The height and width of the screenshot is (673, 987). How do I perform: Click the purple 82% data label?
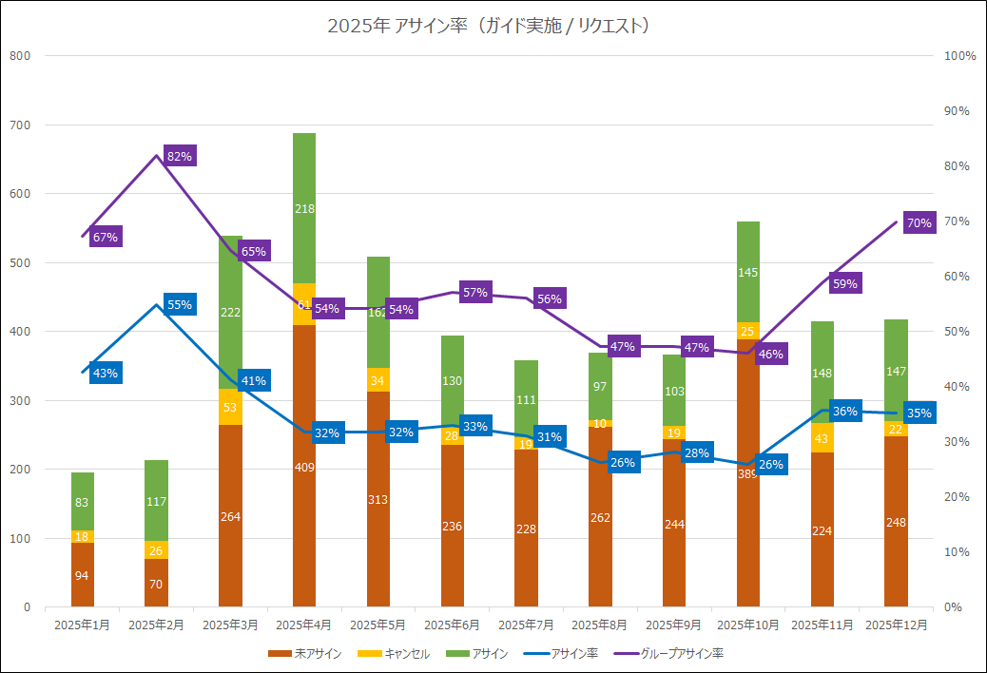coord(180,156)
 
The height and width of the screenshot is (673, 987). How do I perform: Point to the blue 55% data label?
coord(180,305)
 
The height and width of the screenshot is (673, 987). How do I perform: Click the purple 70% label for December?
coord(919,223)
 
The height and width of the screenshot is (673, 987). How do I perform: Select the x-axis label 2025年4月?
coord(304,625)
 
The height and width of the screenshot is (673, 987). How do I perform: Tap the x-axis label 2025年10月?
coord(748,625)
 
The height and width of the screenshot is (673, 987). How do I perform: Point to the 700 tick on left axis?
coord(20,125)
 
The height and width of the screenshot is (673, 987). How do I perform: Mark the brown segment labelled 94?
coord(83,575)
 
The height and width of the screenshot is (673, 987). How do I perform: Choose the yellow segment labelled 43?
coord(822,438)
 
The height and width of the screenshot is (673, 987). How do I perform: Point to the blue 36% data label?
coord(845,412)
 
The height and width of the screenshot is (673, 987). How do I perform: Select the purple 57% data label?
coord(475,293)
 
